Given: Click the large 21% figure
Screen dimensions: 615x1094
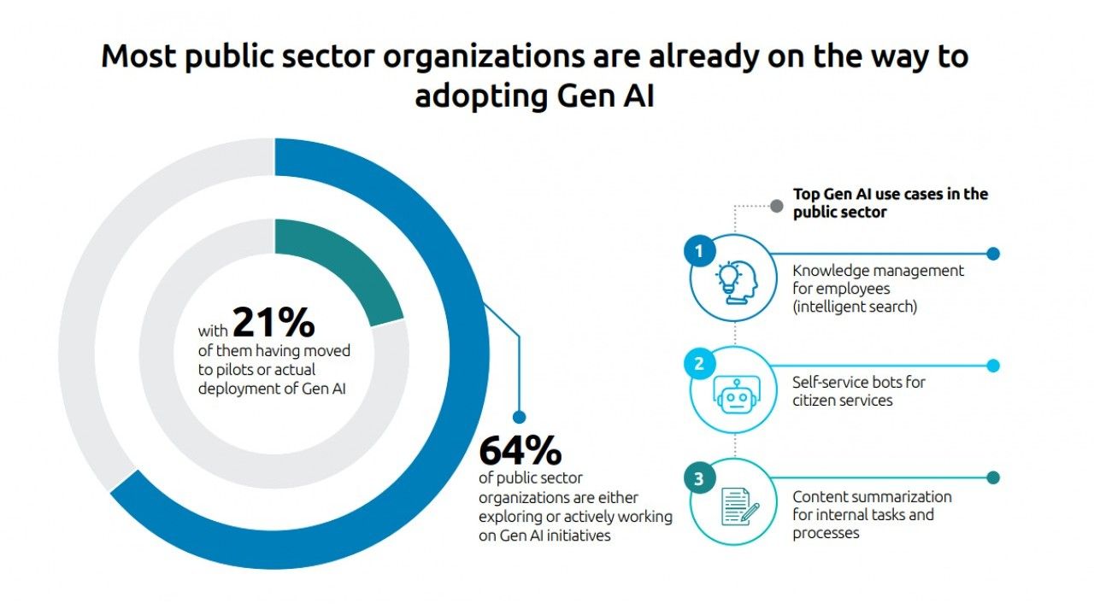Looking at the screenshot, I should pyautogui.click(x=273, y=323).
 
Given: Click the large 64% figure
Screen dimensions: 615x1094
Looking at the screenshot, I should pyautogui.click(x=520, y=450).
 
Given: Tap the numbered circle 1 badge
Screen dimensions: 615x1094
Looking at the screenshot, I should pyautogui.click(x=699, y=252).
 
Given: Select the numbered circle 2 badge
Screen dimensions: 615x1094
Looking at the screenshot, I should pyautogui.click(x=699, y=364).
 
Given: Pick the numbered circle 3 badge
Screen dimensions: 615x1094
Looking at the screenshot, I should pyautogui.click(x=699, y=479).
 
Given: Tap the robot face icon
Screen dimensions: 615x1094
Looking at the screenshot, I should pyautogui.click(x=735, y=394).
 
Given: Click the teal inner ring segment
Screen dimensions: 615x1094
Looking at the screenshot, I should pyautogui.click(x=346, y=265).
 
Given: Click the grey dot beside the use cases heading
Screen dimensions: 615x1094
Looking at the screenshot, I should pyautogui.click(x=777, y=206).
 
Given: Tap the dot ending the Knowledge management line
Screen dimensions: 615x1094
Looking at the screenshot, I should pyautogui.click(x=993, y=254).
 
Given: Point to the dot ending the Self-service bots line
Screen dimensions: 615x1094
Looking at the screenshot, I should pyautogui.click(x=993, y=366).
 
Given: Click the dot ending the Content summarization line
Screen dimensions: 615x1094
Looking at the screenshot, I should pyautogui.click(x=993, y=478).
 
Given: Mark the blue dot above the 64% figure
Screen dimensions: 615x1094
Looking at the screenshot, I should pyautogui.click(x=518, y=418).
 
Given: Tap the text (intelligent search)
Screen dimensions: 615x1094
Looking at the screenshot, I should pyautogui.click(x=855, y=307).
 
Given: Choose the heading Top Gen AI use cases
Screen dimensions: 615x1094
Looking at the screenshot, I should pyautogui.click(x=890, y=195).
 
